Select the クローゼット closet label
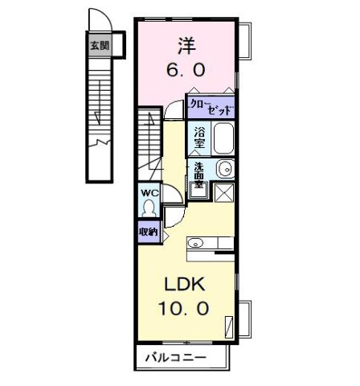[x=210, y=105]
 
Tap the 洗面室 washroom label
[x=198, y=175]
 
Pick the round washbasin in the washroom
[x=226, y=169]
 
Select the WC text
[x=148, y=193]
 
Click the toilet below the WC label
[x=148, y=207]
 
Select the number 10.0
[x=186, y=309]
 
